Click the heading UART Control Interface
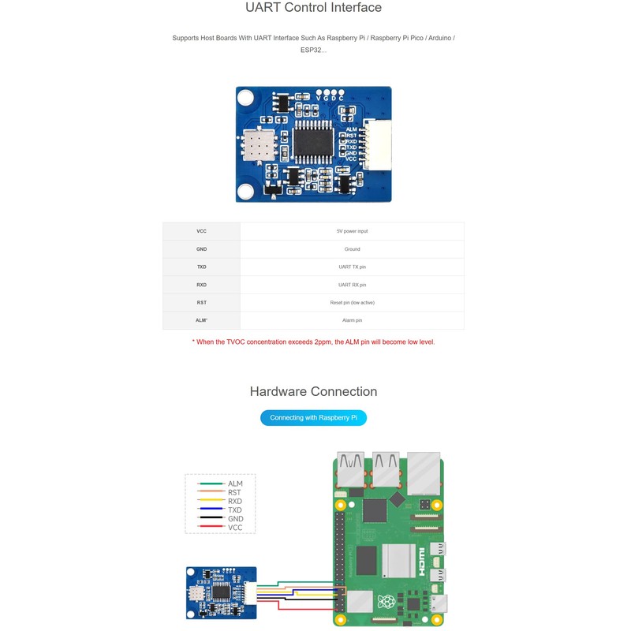point(313,8)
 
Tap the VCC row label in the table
point(202,231)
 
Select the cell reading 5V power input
point(352,231)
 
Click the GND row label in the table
point(202,249)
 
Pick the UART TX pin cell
point(352,267)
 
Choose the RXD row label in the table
point(202,285)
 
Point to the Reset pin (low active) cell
point(352,302)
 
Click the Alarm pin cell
point(352,320)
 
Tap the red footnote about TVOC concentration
point(313,342)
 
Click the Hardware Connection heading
point(313,392)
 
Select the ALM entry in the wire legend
point(235,484)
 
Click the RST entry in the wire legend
point(234,492)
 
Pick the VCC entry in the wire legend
point(235,528)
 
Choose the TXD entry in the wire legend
point(235,510)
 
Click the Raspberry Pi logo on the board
point(386,603)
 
